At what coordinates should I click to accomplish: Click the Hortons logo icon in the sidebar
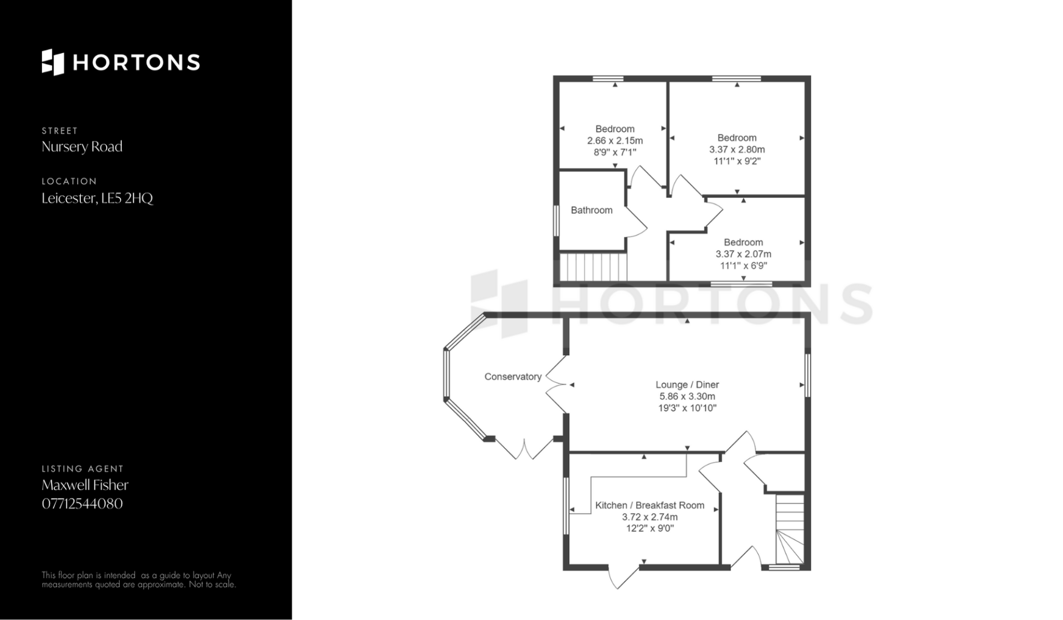coord(53,62)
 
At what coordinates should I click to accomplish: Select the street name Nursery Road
coord(82,147)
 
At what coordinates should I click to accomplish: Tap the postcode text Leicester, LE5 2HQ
coord(97,198)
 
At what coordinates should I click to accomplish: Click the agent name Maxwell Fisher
coord(85,485)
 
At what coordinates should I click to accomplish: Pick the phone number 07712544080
coord(82,504)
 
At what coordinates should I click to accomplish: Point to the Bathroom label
coord(591,211)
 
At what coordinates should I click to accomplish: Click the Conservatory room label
coord(513,377)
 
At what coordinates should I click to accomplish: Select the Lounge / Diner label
coord(687,385)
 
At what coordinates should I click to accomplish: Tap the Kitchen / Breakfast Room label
coord(649,505)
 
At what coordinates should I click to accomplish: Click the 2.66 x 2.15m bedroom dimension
coord(615,141)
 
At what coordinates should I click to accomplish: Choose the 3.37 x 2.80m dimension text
coord(737,150)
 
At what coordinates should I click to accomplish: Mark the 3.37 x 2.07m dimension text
coord(743,254)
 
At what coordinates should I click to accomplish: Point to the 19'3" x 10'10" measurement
coord(687,408)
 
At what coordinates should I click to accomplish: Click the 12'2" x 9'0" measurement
coord(649,529)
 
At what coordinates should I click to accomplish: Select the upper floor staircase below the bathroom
coord(593,267)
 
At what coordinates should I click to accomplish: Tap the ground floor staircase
coord(789,529)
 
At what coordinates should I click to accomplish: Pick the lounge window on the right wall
coord(808,376)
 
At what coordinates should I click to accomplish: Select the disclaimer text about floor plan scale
coord(139,580)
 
